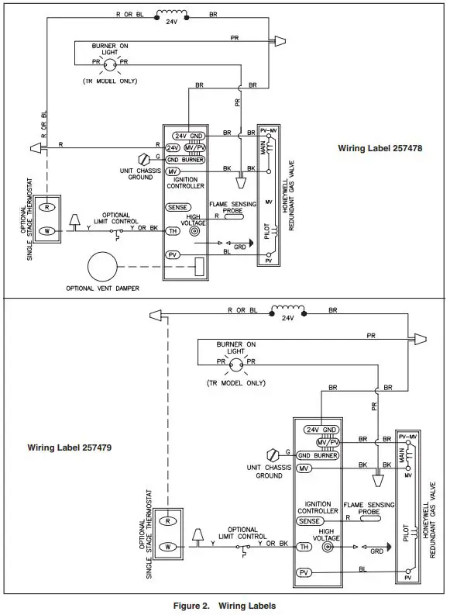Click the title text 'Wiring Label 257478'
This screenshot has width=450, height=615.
click(380, 148)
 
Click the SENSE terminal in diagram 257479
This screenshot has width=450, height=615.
click(307, 522)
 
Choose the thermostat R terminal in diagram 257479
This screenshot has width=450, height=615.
click(167, 522)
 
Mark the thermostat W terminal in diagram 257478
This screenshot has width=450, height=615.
click(48, 230)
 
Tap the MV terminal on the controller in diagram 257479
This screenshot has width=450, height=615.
click(304, 469)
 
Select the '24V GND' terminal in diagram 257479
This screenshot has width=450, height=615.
click(321, 430)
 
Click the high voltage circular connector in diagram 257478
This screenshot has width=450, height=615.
click(194, 231)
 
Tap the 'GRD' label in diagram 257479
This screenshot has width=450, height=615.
click(377, 551)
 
